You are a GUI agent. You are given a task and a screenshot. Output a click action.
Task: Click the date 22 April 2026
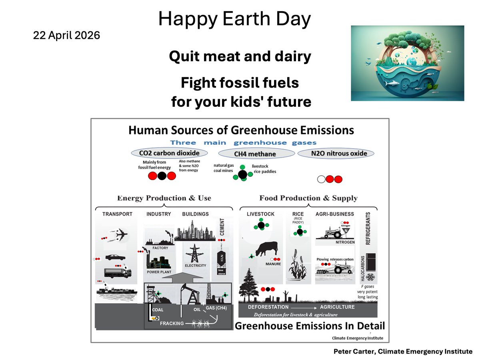coord(66,35)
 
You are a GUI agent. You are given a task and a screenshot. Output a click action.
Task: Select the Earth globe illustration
coord(407,63)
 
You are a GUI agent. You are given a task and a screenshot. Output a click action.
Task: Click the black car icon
coord(115,257)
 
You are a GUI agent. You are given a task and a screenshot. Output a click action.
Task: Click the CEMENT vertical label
coord(222,227)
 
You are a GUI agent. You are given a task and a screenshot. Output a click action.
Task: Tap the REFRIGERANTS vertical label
coord(368,228)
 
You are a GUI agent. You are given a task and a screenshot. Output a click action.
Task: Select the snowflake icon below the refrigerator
coord(370,277)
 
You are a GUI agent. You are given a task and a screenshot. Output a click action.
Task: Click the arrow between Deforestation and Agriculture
coord(304,307)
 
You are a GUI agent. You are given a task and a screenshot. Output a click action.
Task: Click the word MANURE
coord(274,264)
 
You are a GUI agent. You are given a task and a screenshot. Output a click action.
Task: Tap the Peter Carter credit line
coord(403,352)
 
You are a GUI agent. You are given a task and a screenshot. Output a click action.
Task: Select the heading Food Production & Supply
coord(308,198)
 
